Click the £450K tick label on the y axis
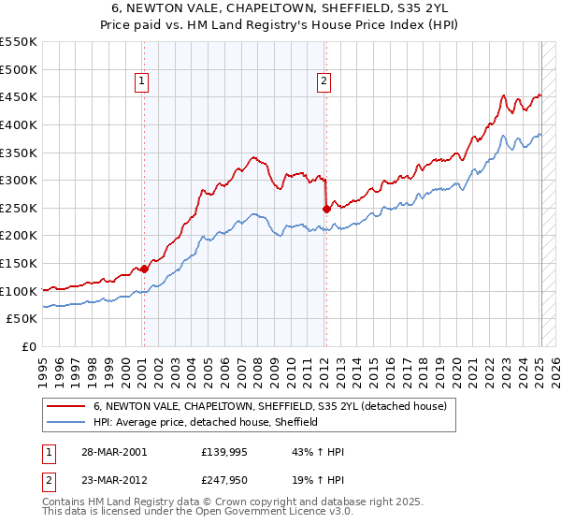coord(19,96)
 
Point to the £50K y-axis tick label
coord(22,319)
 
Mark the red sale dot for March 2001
coord(144,269)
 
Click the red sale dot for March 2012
coord(326,209)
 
